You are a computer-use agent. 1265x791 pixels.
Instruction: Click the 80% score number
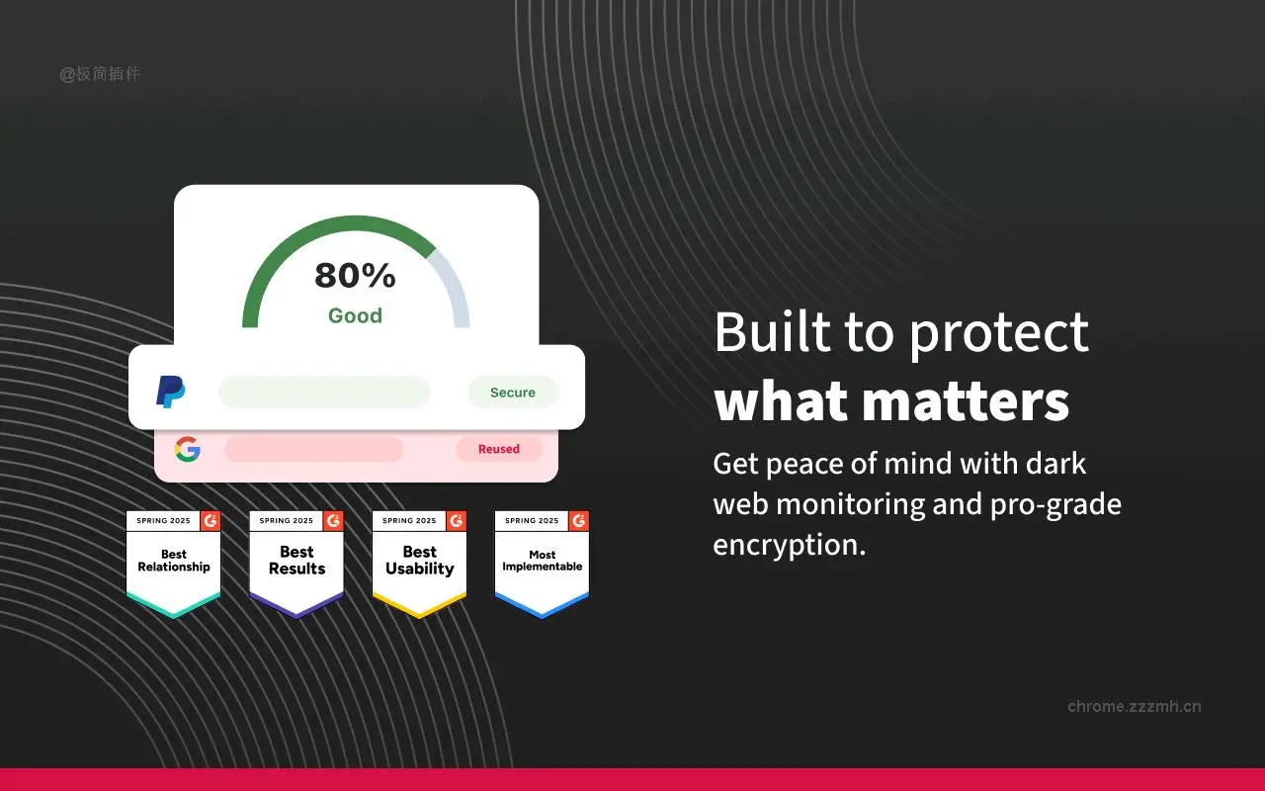pyautogui.click(x=355, y=276)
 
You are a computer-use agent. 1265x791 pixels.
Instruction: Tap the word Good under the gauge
pyautogui.click(x=355, y=315)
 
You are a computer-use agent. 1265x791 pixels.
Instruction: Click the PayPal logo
pyautogui.click(x=171, y=392)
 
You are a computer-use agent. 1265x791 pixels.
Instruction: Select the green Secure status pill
pyautogui.click(x=513, y=393)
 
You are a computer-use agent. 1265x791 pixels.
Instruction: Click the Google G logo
pyautogui.click(x=188, y=450)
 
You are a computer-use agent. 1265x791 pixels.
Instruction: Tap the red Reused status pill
pyautogui.click(x=499, y=449)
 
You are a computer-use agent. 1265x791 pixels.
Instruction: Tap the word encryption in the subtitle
pyautogui.click(x=789, y=545)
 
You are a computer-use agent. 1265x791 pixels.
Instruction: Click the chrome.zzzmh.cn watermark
pyautogui.click(x=1135, y=706)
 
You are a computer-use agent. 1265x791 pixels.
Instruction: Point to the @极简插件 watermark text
pyautogui.click(x=100, y=73)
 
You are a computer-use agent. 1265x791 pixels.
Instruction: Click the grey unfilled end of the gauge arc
pyautogui.click(x=454, y=287)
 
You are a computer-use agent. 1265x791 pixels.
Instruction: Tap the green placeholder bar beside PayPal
pyautogui.click(x=324, y=393)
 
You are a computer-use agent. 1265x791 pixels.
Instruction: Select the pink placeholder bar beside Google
pyautogui.click(x=314, y=449)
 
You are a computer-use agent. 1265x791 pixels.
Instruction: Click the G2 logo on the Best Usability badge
pyautogui.click(x=456, y=520)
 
